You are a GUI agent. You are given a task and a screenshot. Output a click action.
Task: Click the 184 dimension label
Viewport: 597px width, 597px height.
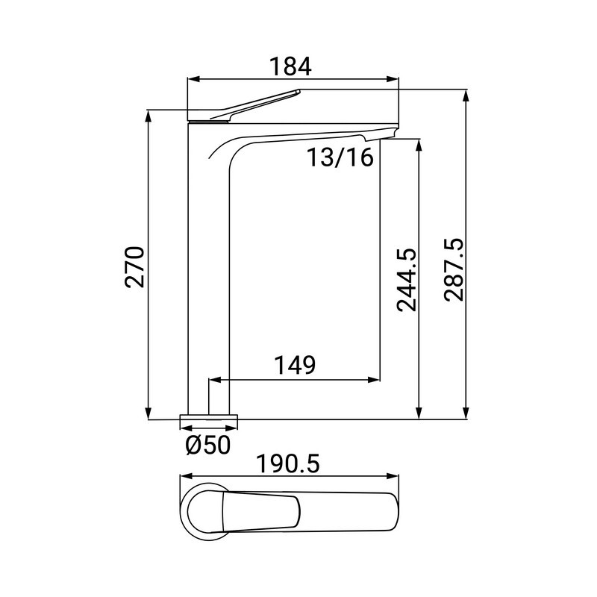pyautogui.click(x=290, y=66)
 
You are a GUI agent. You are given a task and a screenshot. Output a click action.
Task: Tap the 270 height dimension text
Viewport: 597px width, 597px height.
pyautogui.click(x=135, y=267)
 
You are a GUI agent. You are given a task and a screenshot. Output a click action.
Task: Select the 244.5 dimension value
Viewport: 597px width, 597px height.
pyautogui.click(x=407, y=281)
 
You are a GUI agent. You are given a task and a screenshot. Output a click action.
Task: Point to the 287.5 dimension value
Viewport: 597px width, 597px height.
pyautogui.click(x=454, y=270)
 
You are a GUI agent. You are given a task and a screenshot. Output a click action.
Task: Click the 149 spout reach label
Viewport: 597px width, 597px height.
pyautogui.click(x=295, y=365)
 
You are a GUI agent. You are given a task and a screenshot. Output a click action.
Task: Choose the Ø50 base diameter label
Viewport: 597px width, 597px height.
pyautogui.click(x=208, y=445)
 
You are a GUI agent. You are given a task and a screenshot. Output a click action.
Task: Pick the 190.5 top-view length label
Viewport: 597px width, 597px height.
pyautogui.click(x=288, y=464)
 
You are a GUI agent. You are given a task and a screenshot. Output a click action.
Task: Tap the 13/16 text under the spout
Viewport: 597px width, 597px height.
pyautogui.click(x=340, y=157)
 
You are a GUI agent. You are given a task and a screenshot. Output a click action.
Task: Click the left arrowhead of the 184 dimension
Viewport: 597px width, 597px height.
pyautogui.click(x=193, y=79)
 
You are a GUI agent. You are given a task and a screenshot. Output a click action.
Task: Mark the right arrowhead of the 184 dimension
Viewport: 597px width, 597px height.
pyautogui.click(x=393, y=79)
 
